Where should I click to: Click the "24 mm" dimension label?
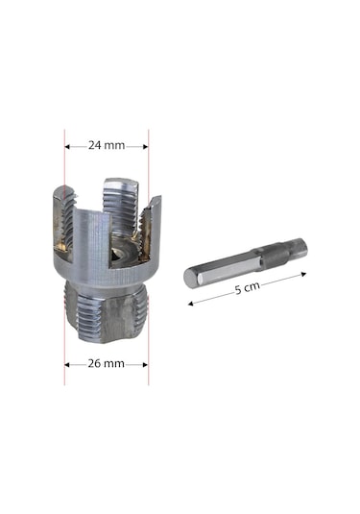click(x=107, y=146)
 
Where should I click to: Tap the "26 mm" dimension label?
click(x=107, y=364)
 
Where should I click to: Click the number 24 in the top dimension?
click(x=96, y=146)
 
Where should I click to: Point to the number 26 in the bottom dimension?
click(x=96, y=364)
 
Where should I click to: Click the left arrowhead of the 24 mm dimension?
click(x=68, y=147)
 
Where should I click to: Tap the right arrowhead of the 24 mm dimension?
click(x=145, y=147)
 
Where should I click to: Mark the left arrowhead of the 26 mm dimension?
click(x=68, y=365)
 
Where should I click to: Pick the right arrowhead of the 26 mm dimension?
click(x=145, y=365)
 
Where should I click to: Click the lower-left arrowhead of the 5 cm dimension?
click(x=191, y=303)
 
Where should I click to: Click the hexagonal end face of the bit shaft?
click(x=190, y=279)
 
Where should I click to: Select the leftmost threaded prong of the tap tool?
click(x=60, y=221)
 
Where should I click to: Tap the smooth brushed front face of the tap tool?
click(x=91, y=259)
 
